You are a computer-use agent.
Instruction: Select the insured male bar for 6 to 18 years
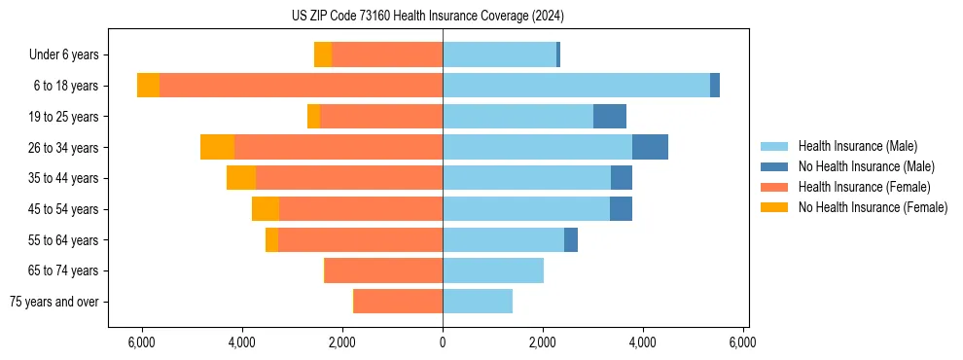coord(576,86)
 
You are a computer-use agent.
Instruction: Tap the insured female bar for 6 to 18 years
coord(301,86)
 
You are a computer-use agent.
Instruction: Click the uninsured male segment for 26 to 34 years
coord(650,147)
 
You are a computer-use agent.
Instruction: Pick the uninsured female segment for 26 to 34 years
coord(217,147)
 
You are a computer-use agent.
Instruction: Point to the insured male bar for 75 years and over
coord(478,302)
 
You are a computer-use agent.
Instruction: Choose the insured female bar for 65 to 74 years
coord(384,270)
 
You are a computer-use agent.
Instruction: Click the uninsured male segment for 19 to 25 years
coord(610,117)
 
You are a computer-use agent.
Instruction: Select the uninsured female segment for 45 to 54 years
coord(266,209)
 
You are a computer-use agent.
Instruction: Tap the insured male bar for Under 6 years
coord(499,54)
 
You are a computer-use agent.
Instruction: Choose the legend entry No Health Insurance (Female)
coord(873,207)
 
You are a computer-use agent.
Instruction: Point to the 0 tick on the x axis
coord(443,342)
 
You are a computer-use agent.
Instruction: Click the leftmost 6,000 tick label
coord(142,342)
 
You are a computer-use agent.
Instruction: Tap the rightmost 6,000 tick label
coord(743,342)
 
